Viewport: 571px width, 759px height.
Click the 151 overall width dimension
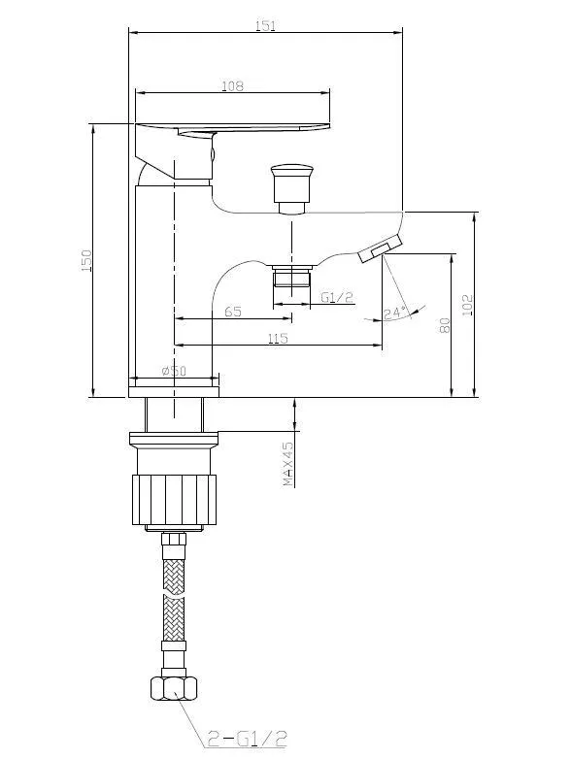point(265,25)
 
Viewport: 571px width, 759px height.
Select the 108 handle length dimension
point(232,86)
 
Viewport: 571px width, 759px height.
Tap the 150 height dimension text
point(86,260)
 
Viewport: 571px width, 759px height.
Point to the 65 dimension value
point(233,312)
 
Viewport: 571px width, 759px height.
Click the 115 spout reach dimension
point(278,338)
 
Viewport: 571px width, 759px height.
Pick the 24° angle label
point(394,313)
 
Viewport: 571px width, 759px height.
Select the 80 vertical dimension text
point(445,325)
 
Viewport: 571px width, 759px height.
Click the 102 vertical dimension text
point(467,305)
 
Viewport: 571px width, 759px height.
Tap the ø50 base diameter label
point(174,371)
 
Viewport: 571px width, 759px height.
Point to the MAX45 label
point(288,464)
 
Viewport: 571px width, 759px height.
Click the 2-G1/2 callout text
point(247,739)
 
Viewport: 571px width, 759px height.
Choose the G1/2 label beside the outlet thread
point(338,297)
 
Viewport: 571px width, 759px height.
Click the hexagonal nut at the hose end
point(174,688)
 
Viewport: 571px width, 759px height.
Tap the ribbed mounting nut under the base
point(174,500)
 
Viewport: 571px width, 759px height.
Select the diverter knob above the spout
point(291,188)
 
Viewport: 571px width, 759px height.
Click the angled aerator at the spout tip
point(381,247)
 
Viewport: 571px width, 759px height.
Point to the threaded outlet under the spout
point(291,277)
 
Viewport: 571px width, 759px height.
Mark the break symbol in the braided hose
point(174,594)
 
